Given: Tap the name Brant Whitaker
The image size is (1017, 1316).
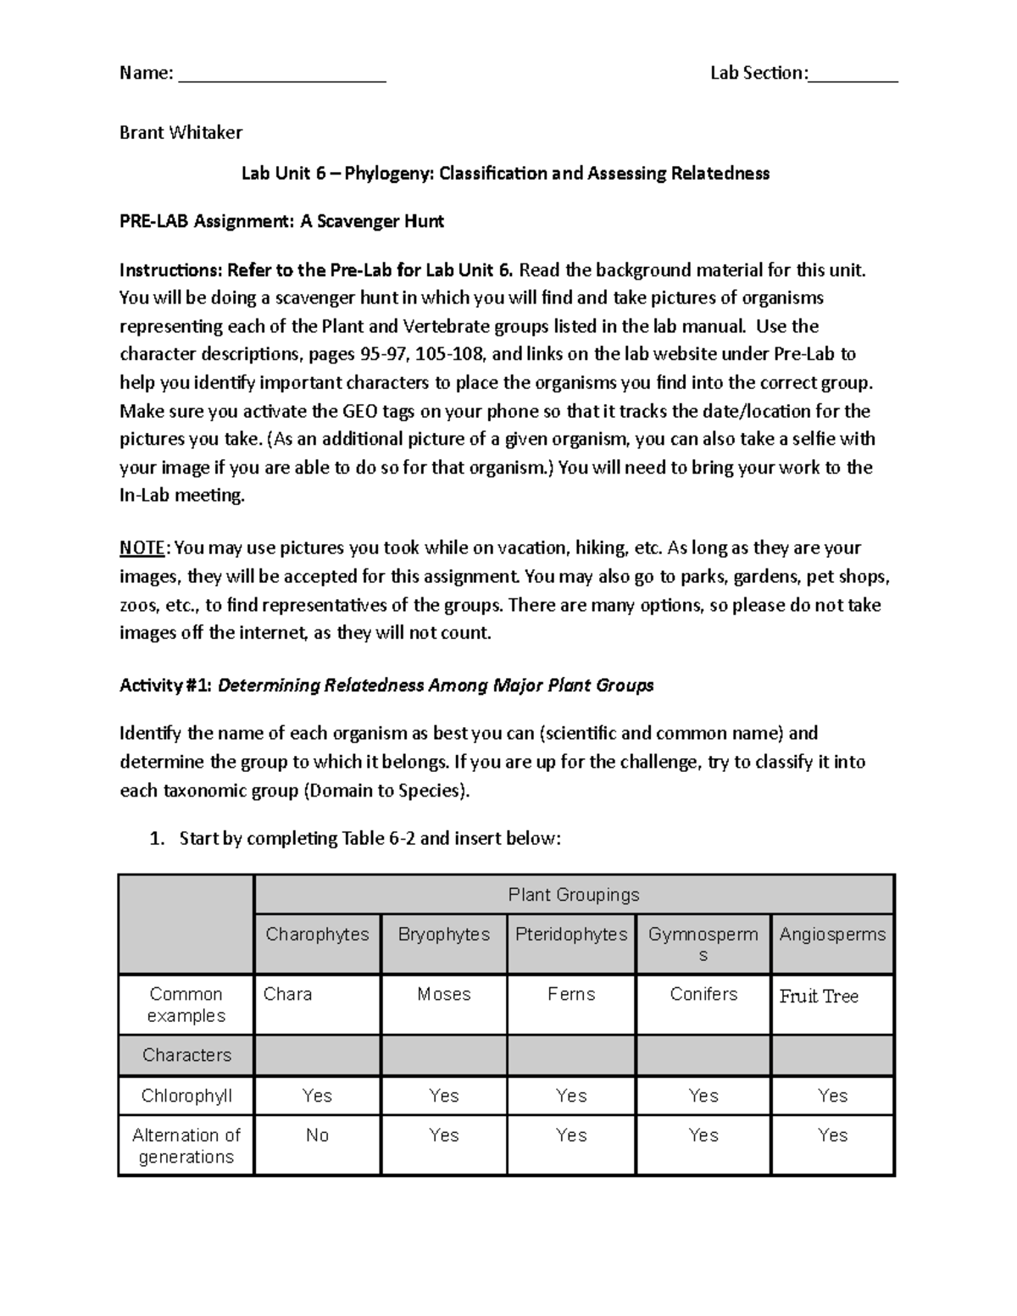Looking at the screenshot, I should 181,132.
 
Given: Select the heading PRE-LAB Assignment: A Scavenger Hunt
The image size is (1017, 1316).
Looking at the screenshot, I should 281,222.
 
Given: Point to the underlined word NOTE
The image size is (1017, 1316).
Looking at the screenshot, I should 142,548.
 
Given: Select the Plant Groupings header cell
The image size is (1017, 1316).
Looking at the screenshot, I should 574,895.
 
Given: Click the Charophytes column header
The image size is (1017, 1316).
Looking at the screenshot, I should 317,935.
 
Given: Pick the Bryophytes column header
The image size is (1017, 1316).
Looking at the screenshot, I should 444,935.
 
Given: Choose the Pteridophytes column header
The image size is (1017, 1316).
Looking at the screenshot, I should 571,935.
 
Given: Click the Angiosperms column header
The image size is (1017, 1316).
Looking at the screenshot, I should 832,935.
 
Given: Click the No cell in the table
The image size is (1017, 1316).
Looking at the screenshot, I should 317,1136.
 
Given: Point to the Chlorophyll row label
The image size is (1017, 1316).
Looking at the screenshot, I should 186,1096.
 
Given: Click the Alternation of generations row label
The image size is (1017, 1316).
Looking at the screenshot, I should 186,1146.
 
